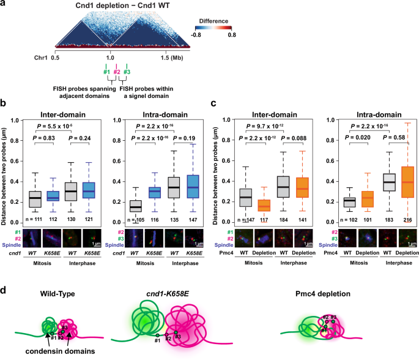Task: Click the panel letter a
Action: pos(4,5)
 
